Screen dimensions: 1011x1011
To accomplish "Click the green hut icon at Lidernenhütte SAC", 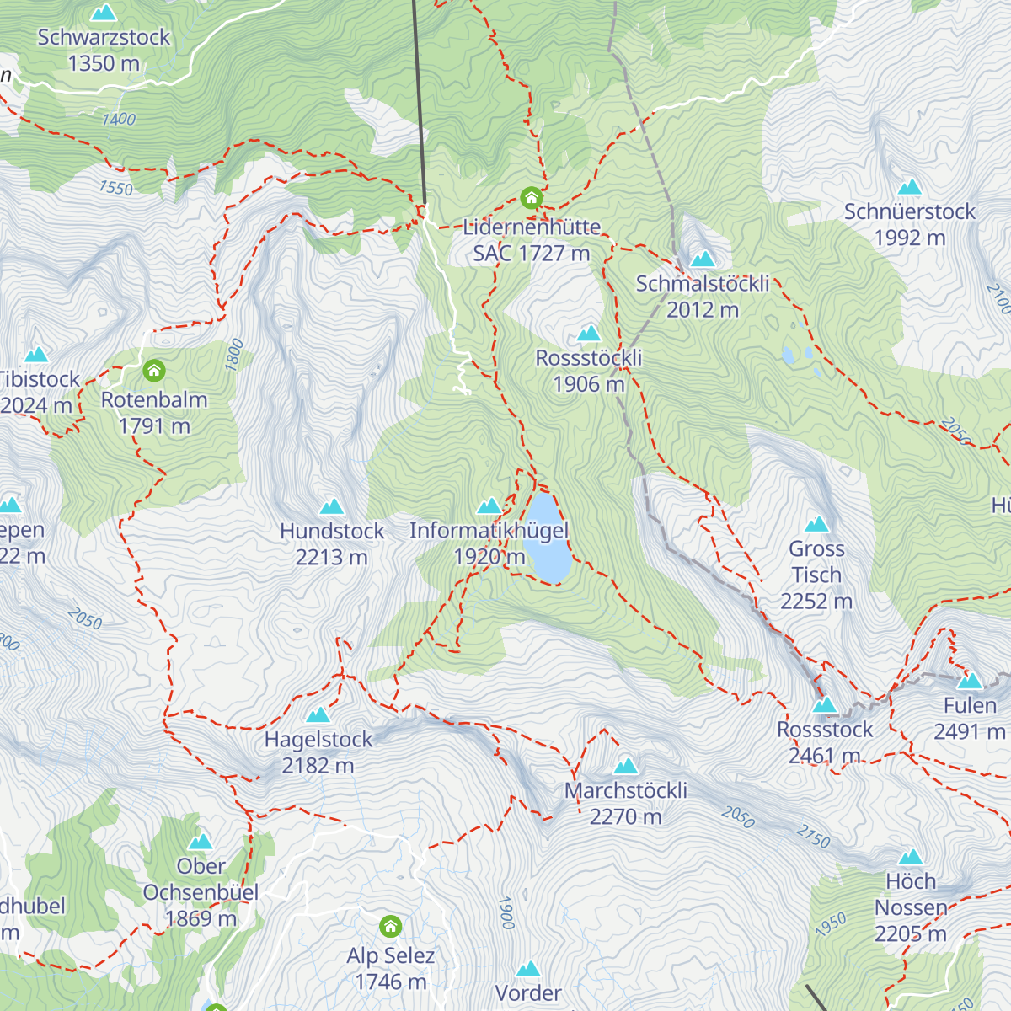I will (x=531, y=198).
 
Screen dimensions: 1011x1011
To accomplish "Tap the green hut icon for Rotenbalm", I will (x=154, y=371).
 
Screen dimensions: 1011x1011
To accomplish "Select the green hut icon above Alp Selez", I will (x=390, y=927).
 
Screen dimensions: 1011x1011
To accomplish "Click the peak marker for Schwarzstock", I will (x=104, y=13).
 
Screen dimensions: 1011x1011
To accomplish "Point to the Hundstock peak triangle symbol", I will (x=332, y=506).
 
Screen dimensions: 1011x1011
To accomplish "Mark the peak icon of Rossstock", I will (x=825, y=705).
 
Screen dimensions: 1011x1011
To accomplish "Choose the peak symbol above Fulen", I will (x=970, y=680).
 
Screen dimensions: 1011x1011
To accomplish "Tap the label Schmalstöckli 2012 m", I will (x=703, y=297).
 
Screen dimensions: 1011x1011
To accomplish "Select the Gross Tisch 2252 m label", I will (x=816, y=575).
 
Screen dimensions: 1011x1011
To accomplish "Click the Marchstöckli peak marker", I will (x=626, y=766).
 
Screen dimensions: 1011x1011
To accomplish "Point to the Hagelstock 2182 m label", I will (x=318, y=752).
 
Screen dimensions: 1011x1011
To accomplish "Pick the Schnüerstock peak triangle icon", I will (x=909, y=187).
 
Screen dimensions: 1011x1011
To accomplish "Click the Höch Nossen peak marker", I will (x=910, y=858).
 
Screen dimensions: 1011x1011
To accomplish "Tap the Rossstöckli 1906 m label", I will (x=589, y=371).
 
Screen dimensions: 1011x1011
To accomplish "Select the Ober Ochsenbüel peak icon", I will (x=201, y=842).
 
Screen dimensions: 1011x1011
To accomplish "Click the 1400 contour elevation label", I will (x=119, y=120).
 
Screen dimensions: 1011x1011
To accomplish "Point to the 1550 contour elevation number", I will (x=115, y=188).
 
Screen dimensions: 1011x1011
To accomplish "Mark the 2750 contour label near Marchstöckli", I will (x=813, y=837).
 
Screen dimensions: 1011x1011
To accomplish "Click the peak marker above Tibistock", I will (x=36, y=355).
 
